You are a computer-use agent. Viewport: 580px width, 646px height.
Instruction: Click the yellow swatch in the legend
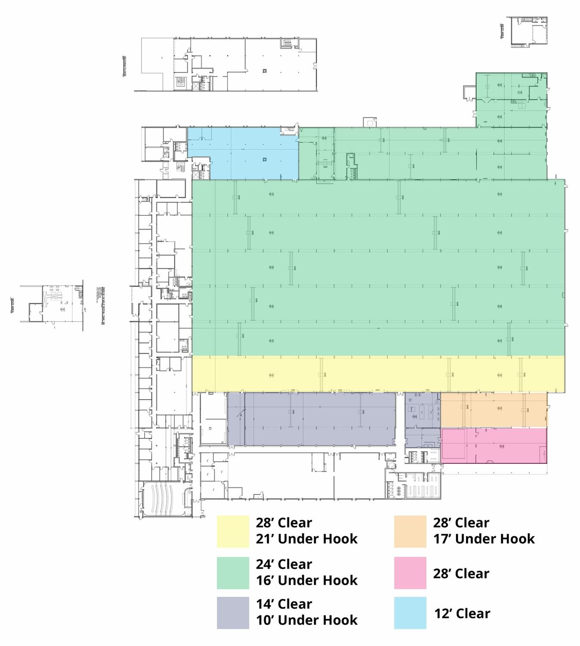[233, 531]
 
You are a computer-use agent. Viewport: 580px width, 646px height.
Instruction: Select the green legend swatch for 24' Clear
[233, 573]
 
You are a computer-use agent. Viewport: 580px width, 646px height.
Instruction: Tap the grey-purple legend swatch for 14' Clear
[233, 612]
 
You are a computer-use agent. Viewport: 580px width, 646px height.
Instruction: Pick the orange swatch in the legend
[410, 531]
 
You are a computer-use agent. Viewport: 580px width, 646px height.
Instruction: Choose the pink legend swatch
[410, 573]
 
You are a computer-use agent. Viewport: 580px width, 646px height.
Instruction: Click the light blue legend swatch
[410, 612]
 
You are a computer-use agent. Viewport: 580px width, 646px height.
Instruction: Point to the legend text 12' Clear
[462, 613]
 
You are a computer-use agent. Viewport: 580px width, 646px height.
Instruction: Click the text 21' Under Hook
[306, 539]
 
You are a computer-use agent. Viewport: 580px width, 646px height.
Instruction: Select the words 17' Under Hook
[484, 539]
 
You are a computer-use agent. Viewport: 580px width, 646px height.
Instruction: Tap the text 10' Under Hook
[306, 620]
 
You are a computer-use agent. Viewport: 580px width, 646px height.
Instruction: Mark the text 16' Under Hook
[306, 580]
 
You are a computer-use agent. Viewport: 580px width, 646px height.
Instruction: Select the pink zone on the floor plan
[493, 446]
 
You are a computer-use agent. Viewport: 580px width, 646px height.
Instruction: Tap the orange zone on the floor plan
[493, 410]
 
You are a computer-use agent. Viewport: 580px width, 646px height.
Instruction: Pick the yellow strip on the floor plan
[378, 374]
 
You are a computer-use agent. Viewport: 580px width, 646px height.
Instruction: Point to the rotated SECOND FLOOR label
[125, 66]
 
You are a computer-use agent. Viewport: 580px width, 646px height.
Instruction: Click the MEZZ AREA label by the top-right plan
[502, 31]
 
